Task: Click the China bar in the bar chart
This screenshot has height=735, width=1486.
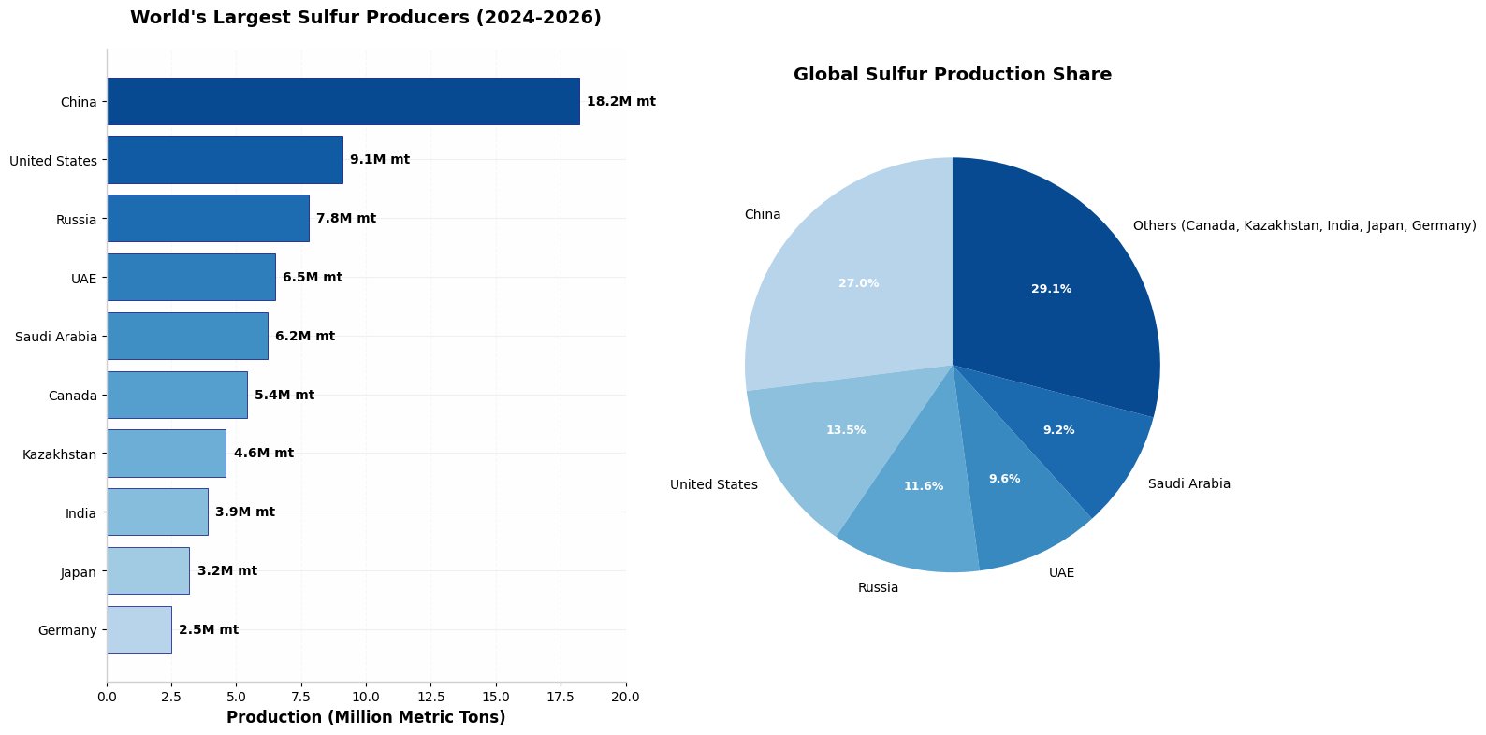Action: click(x=343, y=101)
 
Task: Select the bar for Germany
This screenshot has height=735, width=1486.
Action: click(x=139, y=629)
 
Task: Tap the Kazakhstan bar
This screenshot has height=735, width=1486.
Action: click(x=167, y=454)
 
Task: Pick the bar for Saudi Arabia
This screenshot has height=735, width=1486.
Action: click(x=187, y=336)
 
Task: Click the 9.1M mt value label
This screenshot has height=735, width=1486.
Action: click(x=380, y=160)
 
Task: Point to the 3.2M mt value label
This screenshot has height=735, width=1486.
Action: click(x=227, y=570)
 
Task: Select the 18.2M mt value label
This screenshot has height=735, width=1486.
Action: click(x=621, y=101)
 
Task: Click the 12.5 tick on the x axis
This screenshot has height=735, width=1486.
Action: click(x=431, y=697)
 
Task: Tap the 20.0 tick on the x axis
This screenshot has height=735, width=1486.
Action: click(x=626, y=697)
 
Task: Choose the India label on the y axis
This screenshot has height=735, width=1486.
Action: click(x=80, y=513)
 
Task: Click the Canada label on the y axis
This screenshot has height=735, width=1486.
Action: click(x=72, y=396)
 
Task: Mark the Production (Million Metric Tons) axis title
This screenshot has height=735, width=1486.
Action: click(x=366, y=717)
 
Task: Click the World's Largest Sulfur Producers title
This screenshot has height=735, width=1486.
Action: click(x=366, y=18)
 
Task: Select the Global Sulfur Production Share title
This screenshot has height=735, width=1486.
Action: click(x=953, y=75)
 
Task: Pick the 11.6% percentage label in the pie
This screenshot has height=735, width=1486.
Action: click(x=924, y=486)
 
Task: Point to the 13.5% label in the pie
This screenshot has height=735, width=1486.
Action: click(x=846, y=430)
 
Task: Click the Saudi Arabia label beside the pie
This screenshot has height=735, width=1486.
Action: click(x=1189, y=484)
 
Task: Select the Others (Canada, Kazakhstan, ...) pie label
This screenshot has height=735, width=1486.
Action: click(x=1304, y=226)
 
